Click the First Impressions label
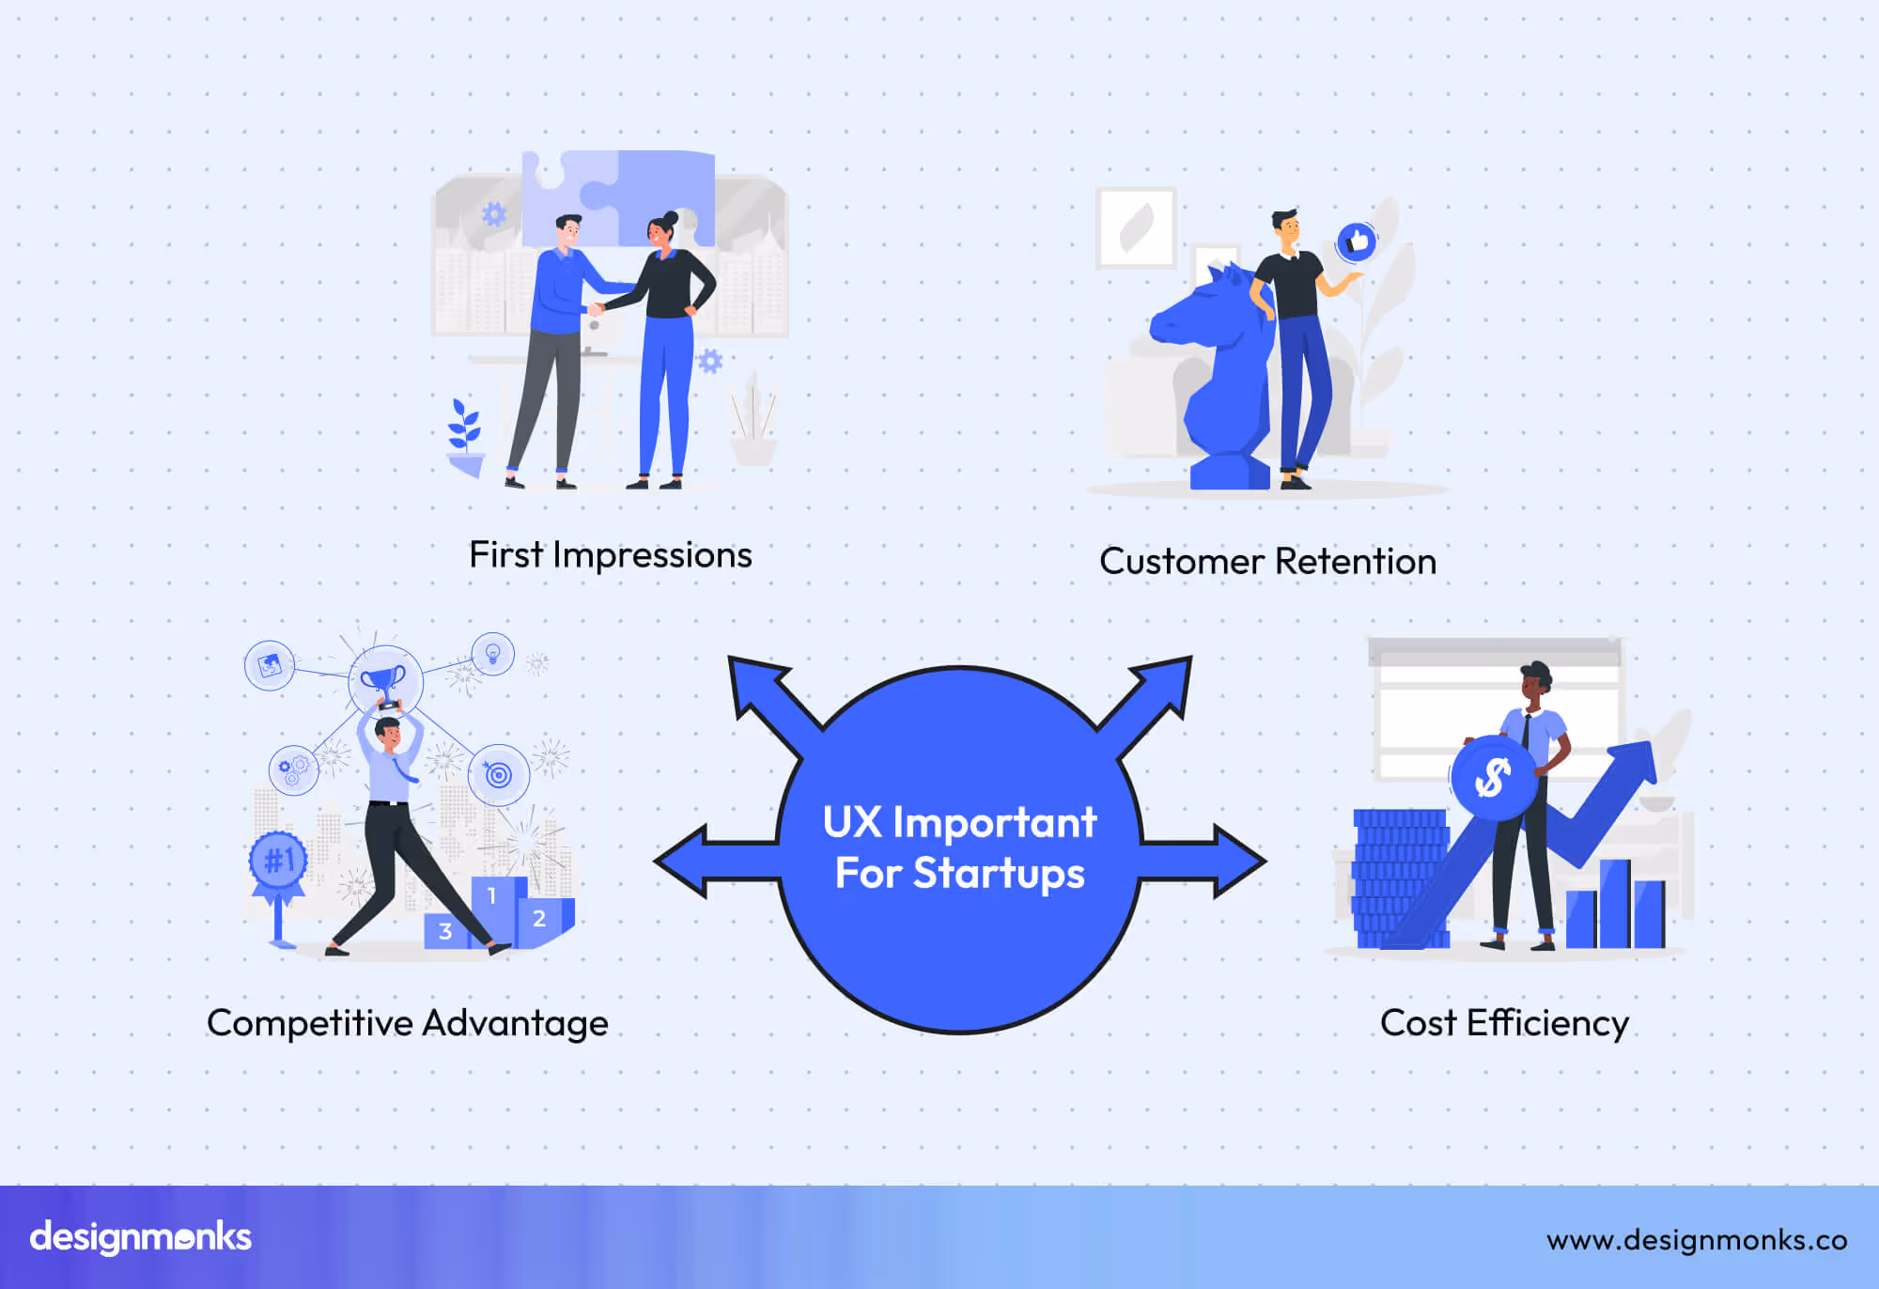611,555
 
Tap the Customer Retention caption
1267,562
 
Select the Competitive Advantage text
407,1023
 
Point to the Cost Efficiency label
1504,1023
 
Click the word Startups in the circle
999,874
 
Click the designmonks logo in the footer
141,1237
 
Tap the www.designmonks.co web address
1697,1240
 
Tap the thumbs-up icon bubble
1357,242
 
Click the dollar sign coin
1493,777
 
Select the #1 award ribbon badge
278,860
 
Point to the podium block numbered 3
445,931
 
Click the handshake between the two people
596,308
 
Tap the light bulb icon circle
492,653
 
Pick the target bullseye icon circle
499,775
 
